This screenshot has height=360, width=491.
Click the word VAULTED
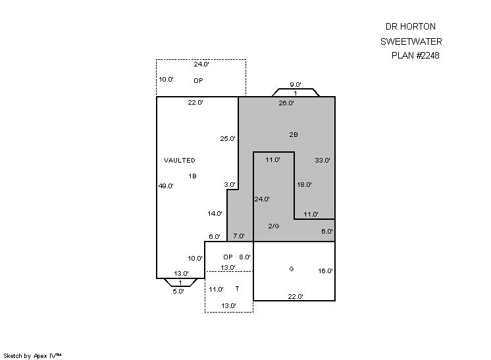[x=179, y=160]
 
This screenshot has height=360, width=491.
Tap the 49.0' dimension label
[x=166, y=186]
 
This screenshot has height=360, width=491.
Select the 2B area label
[x=294, y=134]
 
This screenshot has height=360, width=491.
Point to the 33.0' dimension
[x=323, y=160]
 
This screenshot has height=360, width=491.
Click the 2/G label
[x=274, y=226]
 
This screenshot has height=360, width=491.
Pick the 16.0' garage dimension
[x=325, y=270]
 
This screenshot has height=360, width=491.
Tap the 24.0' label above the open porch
[x=201, y=64]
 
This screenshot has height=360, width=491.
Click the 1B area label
[x=192, y=176]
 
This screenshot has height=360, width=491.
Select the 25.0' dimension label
[x=228, y=138]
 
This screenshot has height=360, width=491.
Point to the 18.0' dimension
[x=304, y=184]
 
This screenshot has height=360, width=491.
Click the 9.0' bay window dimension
[x=296, y=84]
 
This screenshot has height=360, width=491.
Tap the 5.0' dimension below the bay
[x=178, y=291]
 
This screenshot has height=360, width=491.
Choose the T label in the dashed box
[x=237, y=288]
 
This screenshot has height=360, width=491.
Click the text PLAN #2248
[x=415, y=55]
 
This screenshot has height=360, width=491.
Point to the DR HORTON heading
[x=410, y=26]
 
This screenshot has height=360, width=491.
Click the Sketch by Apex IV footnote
[x=34, y=355]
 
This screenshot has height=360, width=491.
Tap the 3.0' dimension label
[x=230, y=184]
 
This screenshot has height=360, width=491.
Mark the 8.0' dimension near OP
[x=244, y=257]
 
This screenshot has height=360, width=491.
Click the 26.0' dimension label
[x=286, y=103]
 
